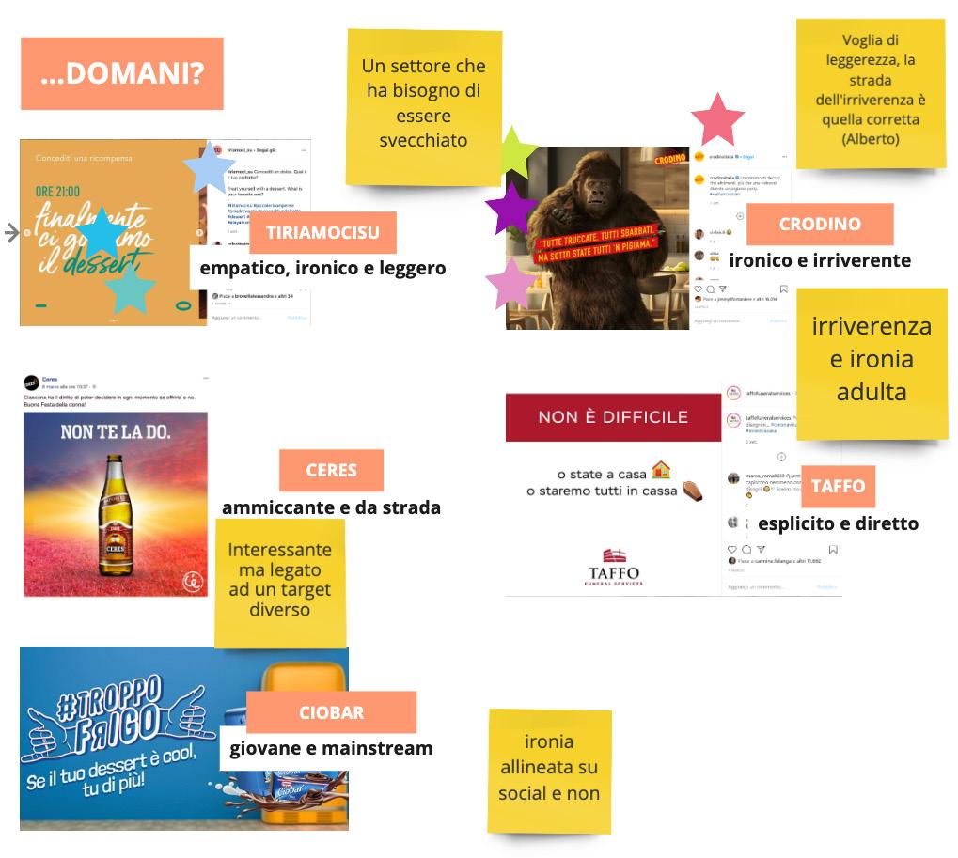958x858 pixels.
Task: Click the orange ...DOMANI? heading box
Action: pyautogui.click(x=122, y=73)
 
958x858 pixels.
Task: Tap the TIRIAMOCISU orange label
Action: pyautogui.click(x=322, y=232)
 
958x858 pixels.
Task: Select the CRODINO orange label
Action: pyautogui.click(x=820, y=224)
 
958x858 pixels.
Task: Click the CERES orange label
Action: pyautogui.click(x=331, y=470)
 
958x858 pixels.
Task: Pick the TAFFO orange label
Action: pyautogui.click(x=838, y=486)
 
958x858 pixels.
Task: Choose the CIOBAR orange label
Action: pyautogui.click(x=331, y=711)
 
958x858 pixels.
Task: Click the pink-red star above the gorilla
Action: pyautogui.click(x=717, y=120)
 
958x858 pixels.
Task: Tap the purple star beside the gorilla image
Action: pyautogui.click(x=510, y=209)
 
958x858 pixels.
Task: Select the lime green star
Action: pyautogui.click(x=513, y=151)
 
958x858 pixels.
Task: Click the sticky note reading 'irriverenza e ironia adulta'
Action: pyautogui.click(x=872, y=360)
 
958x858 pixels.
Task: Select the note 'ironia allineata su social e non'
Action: pyautogui.click(x=549, y=768)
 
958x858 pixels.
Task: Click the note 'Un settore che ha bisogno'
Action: pyautogui.click(x=423, y=103)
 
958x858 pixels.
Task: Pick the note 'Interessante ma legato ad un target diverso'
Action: pyautogui.click(x=279, y=579)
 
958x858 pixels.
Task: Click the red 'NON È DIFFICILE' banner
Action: pyautogui.click(x=613, y=416)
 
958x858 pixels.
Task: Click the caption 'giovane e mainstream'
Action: pyautogui.click(x=331, y=748)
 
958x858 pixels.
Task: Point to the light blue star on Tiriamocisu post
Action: pyautogui.click(x=210, y=170)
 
